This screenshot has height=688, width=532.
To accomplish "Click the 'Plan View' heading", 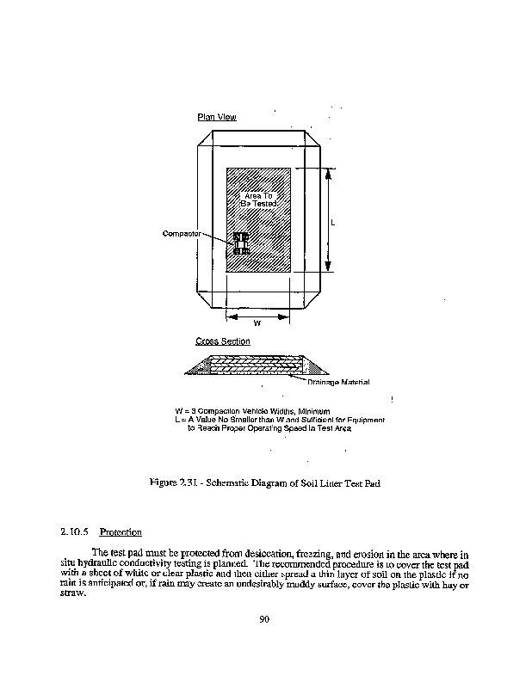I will coord(216,117).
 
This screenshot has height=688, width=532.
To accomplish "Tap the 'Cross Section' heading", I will coord(223,341).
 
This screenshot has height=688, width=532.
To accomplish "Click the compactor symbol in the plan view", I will coord(240,243).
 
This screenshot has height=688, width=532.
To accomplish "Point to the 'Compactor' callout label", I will coord(182,233).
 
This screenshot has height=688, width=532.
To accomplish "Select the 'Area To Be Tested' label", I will coord(257,200).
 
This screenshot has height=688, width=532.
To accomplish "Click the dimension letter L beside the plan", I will coord(332,223).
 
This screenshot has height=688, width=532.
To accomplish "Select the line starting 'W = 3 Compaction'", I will coord(252,412).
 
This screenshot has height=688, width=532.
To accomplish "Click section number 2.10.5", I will coord(75,531).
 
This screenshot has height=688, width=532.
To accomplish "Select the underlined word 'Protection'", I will coord(121,531).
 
